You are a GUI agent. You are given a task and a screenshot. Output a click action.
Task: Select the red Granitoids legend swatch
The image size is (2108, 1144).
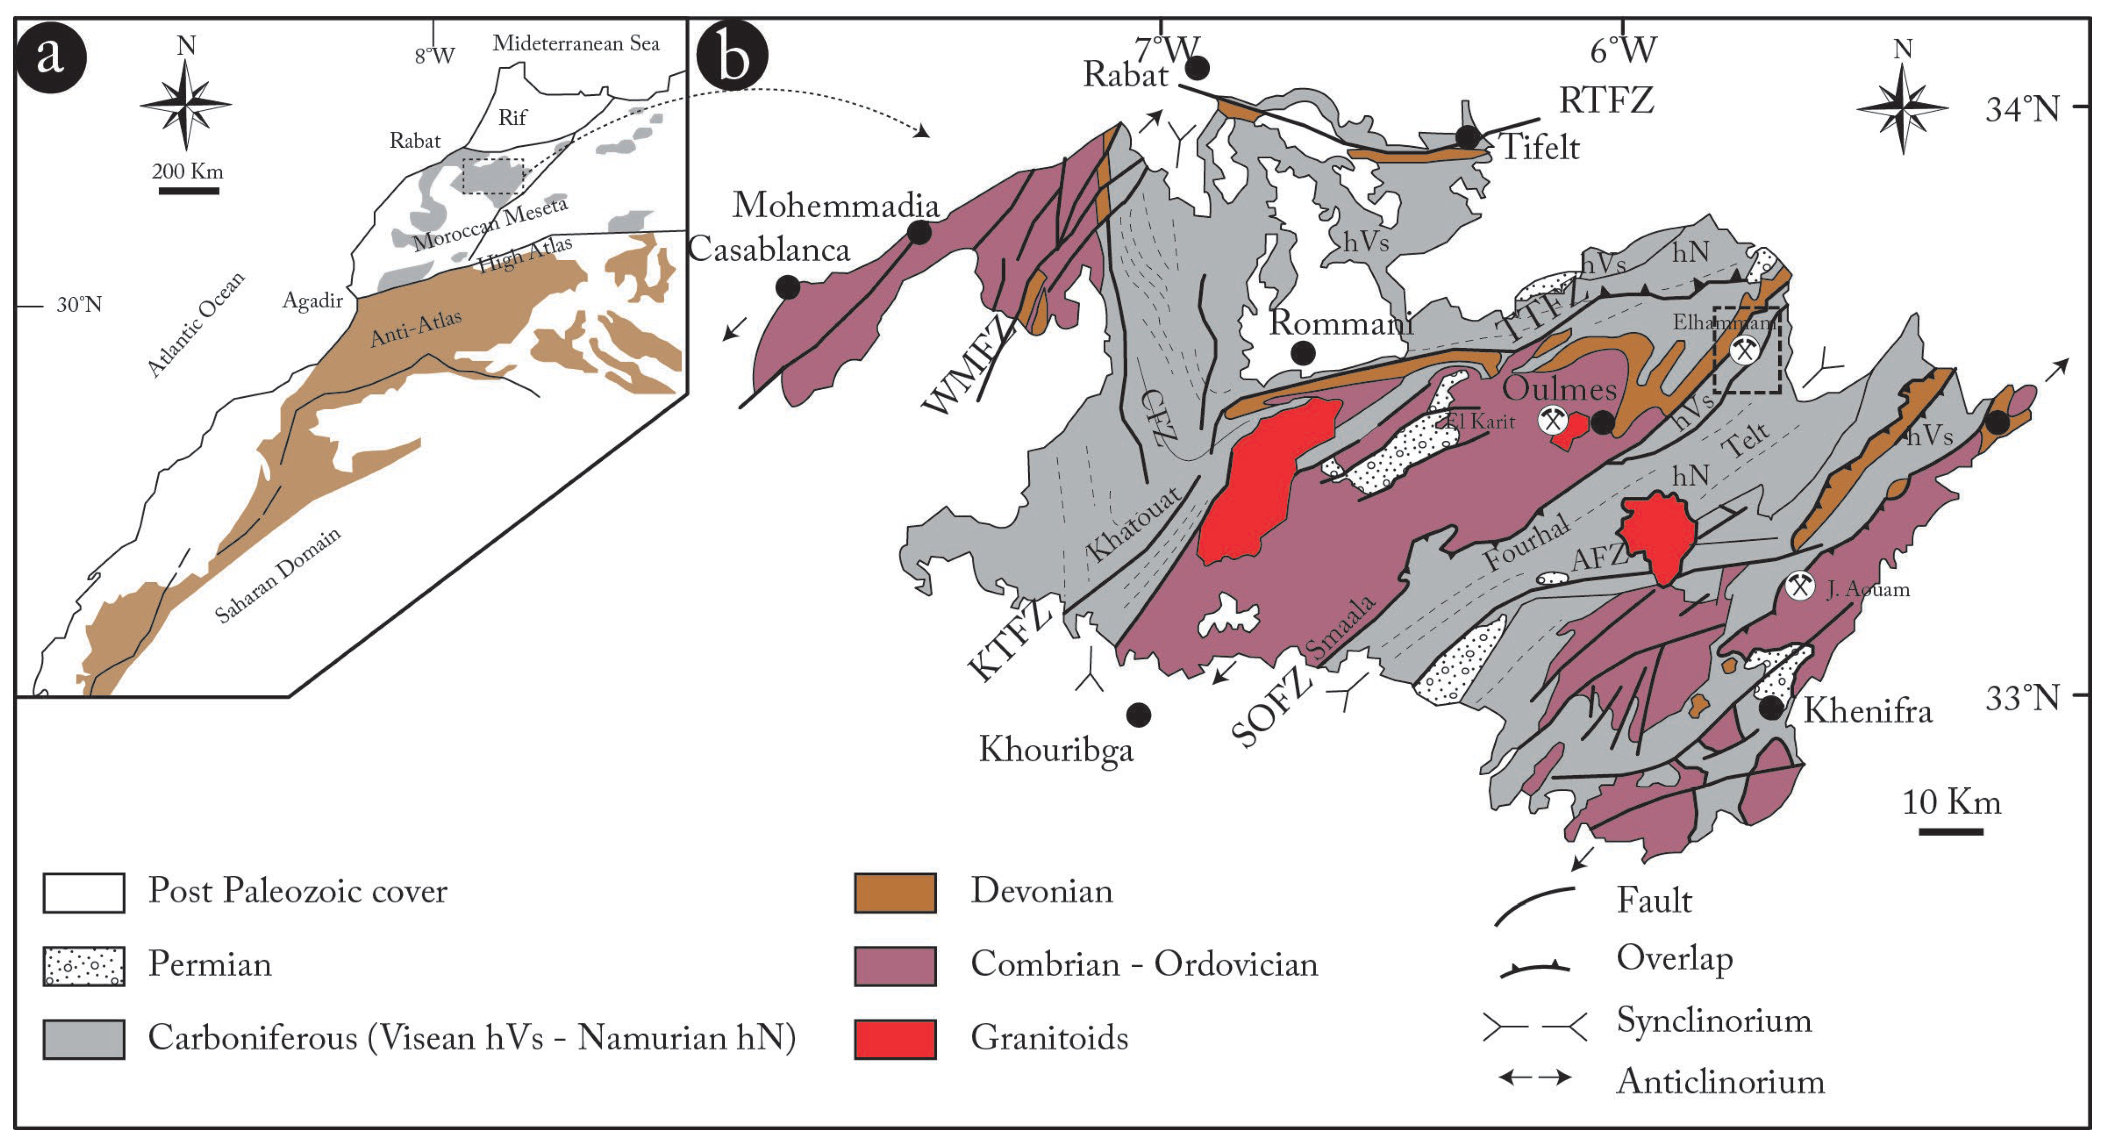[895, 1039]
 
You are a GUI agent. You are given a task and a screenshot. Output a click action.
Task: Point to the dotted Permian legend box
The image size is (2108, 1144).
[84, 966]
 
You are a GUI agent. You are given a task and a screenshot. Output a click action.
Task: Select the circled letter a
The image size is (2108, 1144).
[51, 56]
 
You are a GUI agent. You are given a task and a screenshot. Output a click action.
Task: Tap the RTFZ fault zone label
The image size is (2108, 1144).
[1606, 101]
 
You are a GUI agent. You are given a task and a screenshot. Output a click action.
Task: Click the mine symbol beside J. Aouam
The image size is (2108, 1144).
[1800, 586]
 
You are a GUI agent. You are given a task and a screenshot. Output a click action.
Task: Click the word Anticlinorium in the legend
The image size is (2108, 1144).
[1720, 1082]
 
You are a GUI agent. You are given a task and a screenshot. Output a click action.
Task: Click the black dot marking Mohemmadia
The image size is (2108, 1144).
[919, 233]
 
